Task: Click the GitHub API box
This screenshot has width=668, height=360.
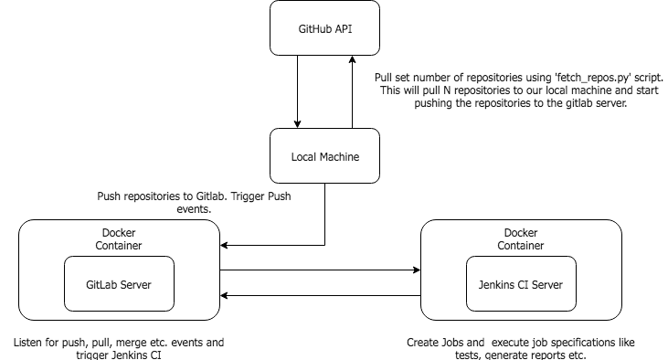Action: (x=325, y=29)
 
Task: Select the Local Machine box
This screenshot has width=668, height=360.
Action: (x=325, y=156)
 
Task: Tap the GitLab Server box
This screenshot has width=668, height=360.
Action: (x=119, y=284)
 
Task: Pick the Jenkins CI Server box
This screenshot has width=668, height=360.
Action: (x=520, y=284)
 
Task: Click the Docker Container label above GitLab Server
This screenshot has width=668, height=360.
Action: (x=119, y=238)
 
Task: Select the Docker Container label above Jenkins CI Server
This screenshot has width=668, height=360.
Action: (x=520, y=238)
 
